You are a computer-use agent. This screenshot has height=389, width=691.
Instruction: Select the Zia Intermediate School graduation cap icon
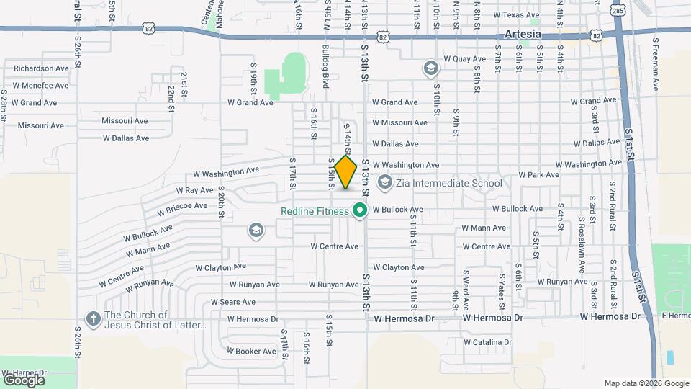point(384,183)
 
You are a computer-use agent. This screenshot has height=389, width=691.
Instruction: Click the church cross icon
point(93,318)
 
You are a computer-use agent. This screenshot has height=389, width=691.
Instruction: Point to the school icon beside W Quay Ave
point(430,68)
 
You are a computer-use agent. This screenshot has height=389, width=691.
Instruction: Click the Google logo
point(24,380)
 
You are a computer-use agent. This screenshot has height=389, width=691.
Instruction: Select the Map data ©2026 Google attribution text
point(646,383)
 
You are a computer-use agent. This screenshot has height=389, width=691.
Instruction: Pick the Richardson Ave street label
point(42,68)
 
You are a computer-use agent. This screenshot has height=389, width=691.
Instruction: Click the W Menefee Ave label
point(40,86)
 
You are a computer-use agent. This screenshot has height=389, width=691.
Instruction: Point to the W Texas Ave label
point(516,15)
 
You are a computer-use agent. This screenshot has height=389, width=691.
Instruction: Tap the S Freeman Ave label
point(656,63)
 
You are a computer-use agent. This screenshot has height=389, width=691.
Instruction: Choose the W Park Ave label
point(539,175)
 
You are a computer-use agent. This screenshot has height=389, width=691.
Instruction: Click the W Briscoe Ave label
point(181,207)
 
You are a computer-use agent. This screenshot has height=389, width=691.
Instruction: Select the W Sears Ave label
point(232,302)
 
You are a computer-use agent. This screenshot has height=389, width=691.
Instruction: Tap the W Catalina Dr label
point(487,342)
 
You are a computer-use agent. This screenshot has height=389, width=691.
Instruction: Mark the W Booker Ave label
point(251,352)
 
